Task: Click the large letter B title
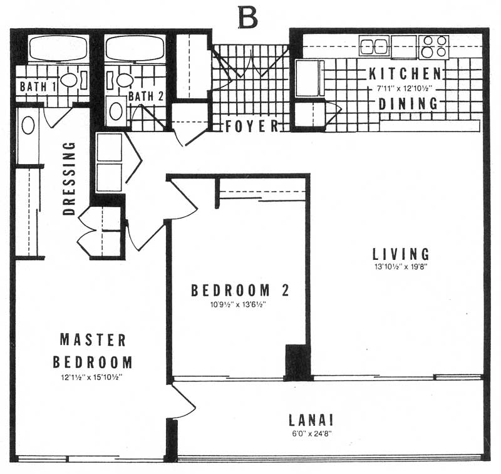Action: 247,18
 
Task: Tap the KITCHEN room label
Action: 405,74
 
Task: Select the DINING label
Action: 408,104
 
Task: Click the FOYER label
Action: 252,126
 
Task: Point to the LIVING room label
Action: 401,254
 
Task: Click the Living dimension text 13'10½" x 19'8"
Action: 401,267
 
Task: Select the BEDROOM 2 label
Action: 240,291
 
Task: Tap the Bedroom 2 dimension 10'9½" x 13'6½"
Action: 238,304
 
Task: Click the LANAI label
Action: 311,420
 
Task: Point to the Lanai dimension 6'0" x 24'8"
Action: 311,434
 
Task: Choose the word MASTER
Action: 93,340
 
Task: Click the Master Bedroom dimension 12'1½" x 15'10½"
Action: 92,377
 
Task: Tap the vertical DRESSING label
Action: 69,178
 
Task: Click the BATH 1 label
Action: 38,86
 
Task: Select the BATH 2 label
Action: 146,96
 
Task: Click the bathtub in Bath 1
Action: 58,48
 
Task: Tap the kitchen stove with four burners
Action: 433,47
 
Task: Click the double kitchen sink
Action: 374,47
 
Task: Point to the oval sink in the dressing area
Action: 28,125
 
